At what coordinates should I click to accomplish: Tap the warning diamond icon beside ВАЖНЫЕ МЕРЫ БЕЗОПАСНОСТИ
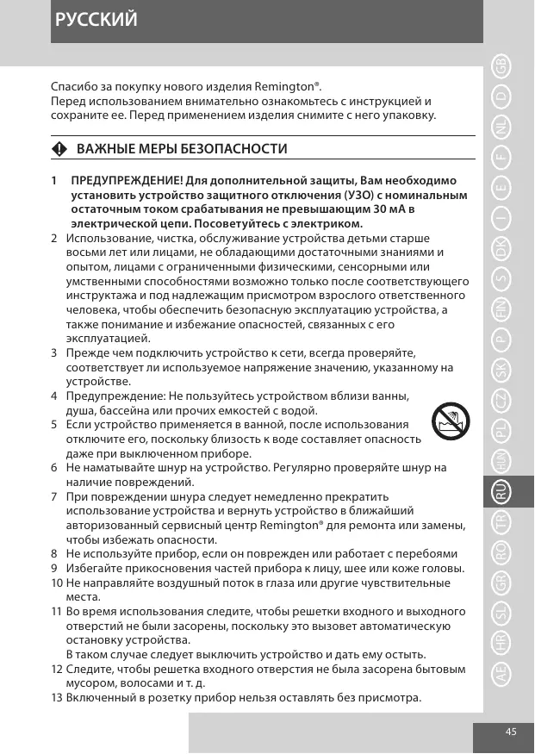point(58,149)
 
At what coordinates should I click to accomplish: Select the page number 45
point(512,732)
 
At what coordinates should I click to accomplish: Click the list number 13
point(56,697)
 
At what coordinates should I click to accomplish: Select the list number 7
point(54,497)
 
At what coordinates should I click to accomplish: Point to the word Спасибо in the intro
point(75,87)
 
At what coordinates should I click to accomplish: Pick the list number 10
point(56,583)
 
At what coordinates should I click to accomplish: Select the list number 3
point(54,353)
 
